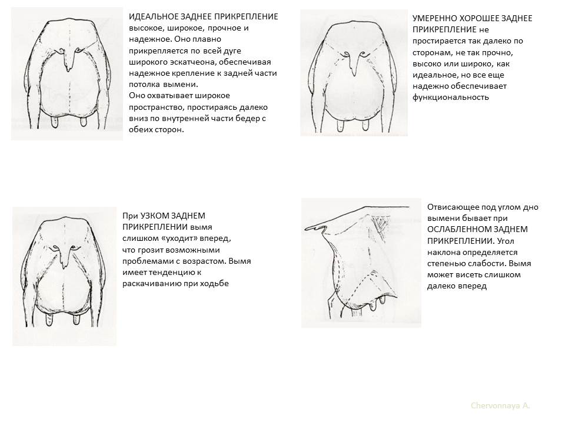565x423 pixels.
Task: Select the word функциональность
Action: coord(451,97)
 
